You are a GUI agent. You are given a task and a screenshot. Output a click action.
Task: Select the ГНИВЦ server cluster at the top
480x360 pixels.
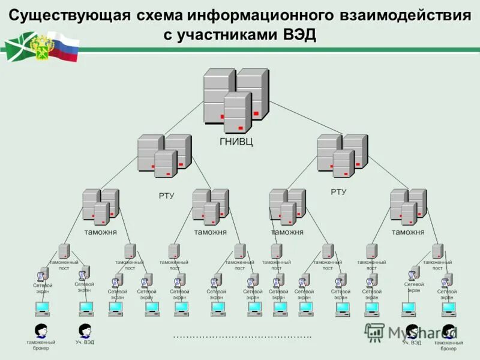[235, 99]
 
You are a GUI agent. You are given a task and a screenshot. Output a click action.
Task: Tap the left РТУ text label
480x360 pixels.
[166, 196]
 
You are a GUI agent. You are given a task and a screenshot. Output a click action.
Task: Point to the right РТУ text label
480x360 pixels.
[338, 192]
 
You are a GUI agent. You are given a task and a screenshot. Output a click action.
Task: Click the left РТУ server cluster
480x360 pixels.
[164, 155]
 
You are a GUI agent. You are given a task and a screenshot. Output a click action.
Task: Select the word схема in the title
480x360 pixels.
[161, 16]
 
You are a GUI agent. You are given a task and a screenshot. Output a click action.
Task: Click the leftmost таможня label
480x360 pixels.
[100, 232]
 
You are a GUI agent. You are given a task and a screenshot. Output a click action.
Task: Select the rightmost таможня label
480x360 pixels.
[408, 232]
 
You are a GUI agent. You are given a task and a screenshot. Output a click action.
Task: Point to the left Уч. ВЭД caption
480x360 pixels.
[85, 343]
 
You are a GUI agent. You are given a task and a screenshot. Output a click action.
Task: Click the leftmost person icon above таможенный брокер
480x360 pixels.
[41, 330]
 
